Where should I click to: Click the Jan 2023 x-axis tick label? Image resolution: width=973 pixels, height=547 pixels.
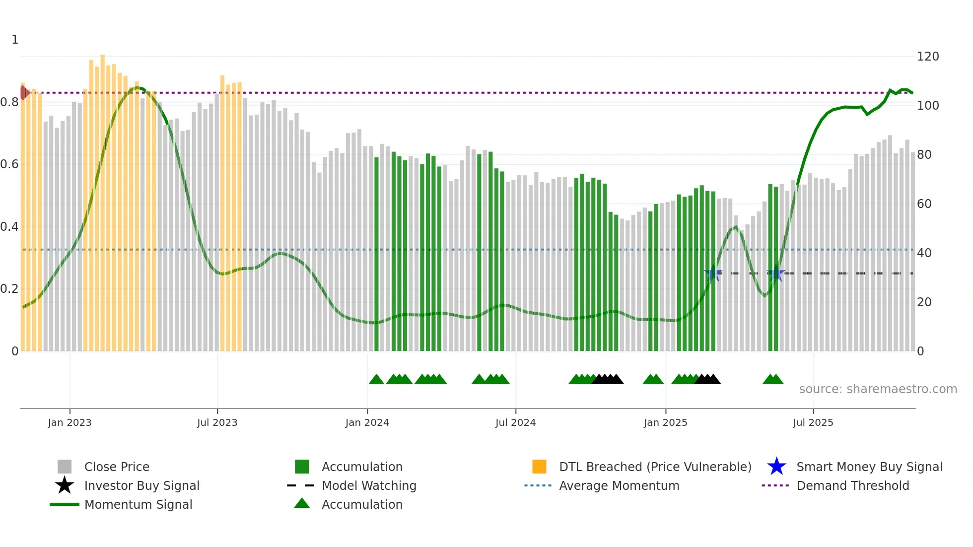(x=69, y=422)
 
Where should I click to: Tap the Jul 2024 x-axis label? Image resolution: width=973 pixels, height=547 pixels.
(x=515, y=422)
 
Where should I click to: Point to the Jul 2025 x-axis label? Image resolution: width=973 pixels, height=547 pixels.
(x=813, y=422)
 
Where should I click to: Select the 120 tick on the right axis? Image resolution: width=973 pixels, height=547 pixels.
(x=927, y=57)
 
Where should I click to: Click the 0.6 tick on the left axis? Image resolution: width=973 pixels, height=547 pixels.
(x=9, y=164)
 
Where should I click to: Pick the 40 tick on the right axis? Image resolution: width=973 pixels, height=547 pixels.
(x=924, y=253)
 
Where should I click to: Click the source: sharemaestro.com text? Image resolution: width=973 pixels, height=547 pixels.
(x=878, y=389)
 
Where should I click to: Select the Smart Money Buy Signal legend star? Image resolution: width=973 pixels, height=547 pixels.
(x=776, y=467)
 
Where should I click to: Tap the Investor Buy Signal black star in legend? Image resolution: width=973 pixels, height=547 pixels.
(x=65, y=485)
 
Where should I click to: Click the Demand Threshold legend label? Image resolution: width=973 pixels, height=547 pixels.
(x=852, y=485)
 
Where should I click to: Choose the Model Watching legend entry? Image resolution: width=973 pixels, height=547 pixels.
(x=368, y=485)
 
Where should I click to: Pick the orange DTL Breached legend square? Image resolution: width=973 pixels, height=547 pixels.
(x=539, y=467)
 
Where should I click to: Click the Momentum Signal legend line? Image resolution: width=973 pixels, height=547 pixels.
(x=65, y=504)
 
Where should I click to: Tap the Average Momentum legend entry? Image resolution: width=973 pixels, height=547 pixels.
(x=619, y=485)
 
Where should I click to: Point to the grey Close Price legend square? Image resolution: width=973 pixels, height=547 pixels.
(x=65, y=467)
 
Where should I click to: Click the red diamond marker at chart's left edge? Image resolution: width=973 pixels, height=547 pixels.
(x=23, y=92)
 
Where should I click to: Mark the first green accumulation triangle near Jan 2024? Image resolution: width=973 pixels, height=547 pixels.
(x=376, y=380)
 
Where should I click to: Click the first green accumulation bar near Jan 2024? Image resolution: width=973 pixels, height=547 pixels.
(x=376, y=253)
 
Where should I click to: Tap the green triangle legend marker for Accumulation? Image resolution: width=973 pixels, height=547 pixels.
(x=302, y=504)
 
